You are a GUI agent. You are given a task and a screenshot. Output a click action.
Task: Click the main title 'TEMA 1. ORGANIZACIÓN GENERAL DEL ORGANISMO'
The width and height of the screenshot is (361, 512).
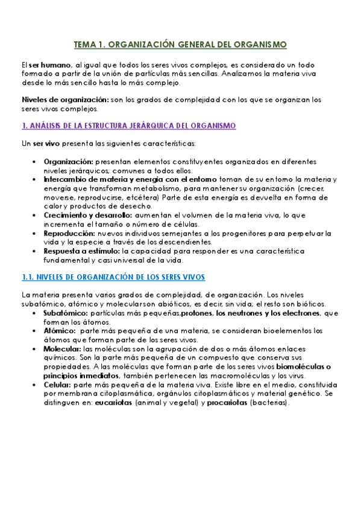tap(180, 45)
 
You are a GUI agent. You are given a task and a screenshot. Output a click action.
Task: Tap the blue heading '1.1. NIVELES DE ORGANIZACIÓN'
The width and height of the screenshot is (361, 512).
tap(113, 277)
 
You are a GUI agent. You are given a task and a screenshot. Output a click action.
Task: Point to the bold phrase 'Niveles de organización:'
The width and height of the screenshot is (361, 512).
tap(57, 100)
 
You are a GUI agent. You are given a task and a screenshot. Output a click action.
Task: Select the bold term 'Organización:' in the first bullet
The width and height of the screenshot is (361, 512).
tap(68, 162)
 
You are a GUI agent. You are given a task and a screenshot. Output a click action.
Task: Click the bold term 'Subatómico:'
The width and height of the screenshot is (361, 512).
tap(66, 313)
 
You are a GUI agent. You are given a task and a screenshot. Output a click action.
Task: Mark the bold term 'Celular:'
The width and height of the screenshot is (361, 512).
tap(57, 384)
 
